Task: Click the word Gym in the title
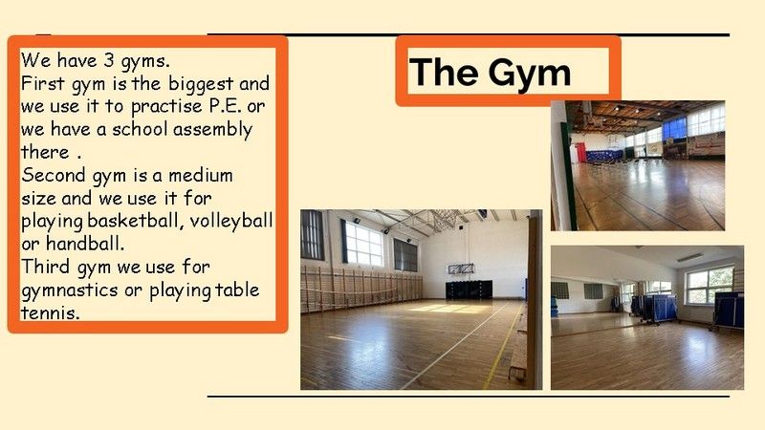[530, 74]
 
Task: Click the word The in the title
[444, 72]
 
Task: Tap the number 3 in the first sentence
[108, 60]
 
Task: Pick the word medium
[201, 175]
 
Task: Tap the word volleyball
[231, 222]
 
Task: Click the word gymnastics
[70, 290]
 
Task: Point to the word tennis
[50, 312]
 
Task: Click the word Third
[47, 267]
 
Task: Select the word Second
[54, 175]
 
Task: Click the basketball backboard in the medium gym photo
[461, 269]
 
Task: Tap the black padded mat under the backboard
[469, 290]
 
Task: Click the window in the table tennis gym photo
[710, 285]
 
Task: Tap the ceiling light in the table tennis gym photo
[689, 257]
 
